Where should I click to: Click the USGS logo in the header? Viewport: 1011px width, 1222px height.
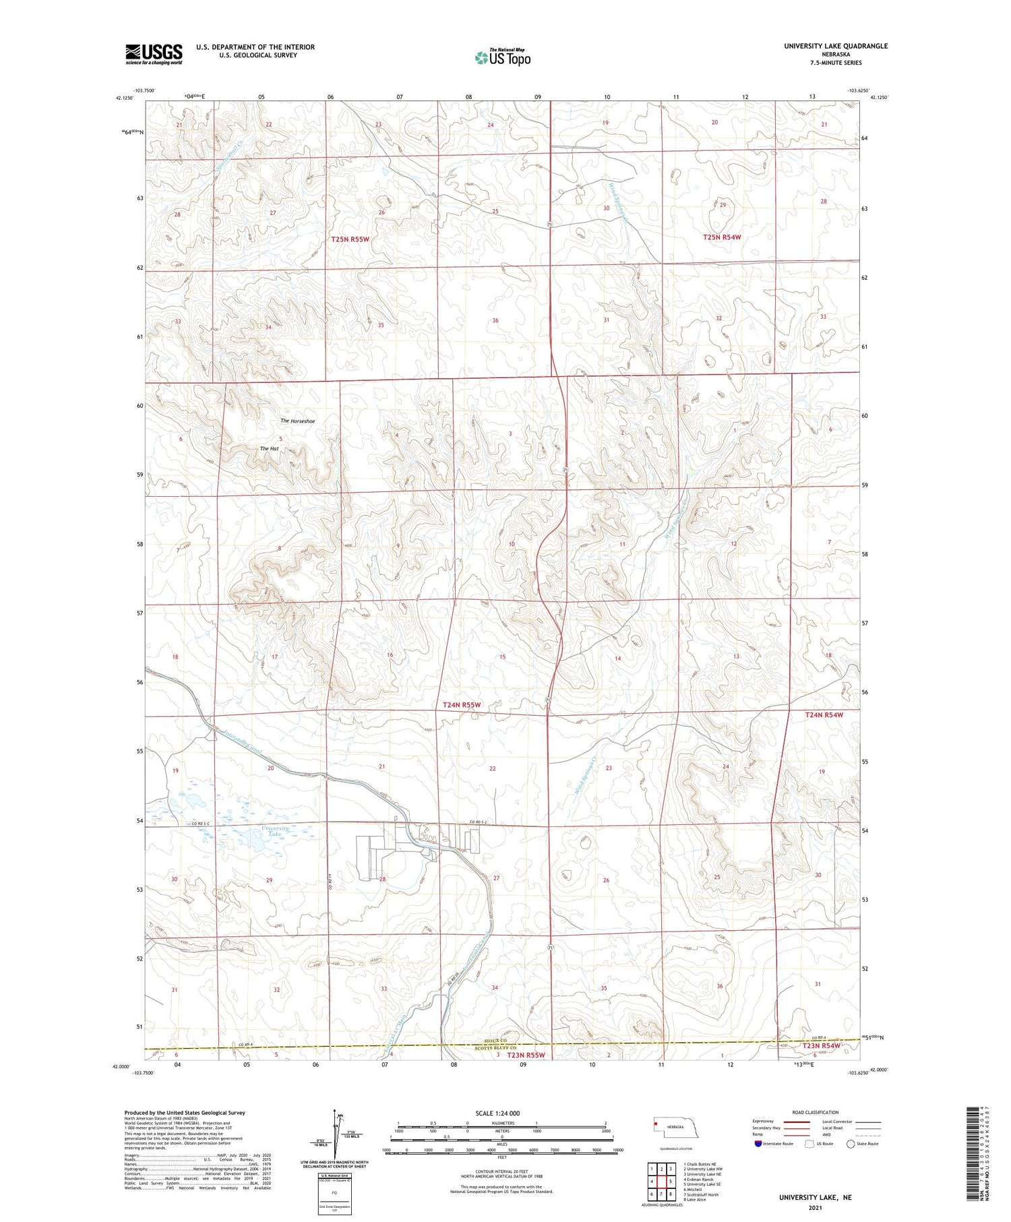tap(154, 54)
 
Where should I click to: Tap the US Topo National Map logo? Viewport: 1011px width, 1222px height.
tap(502, 57)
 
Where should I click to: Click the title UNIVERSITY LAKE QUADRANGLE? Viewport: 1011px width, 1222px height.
tap(835, 46)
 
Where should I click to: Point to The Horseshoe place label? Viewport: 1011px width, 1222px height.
tap(297, 421)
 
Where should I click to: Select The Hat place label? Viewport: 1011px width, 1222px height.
tap(269, 448)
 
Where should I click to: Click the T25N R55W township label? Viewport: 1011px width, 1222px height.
tap(350, 239)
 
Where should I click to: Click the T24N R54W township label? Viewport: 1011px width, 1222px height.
tap(824, 714)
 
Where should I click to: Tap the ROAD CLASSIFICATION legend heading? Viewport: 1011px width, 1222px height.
tap(816, 1112)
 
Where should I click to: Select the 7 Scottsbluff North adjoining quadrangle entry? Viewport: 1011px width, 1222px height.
tap(702, 1194)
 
